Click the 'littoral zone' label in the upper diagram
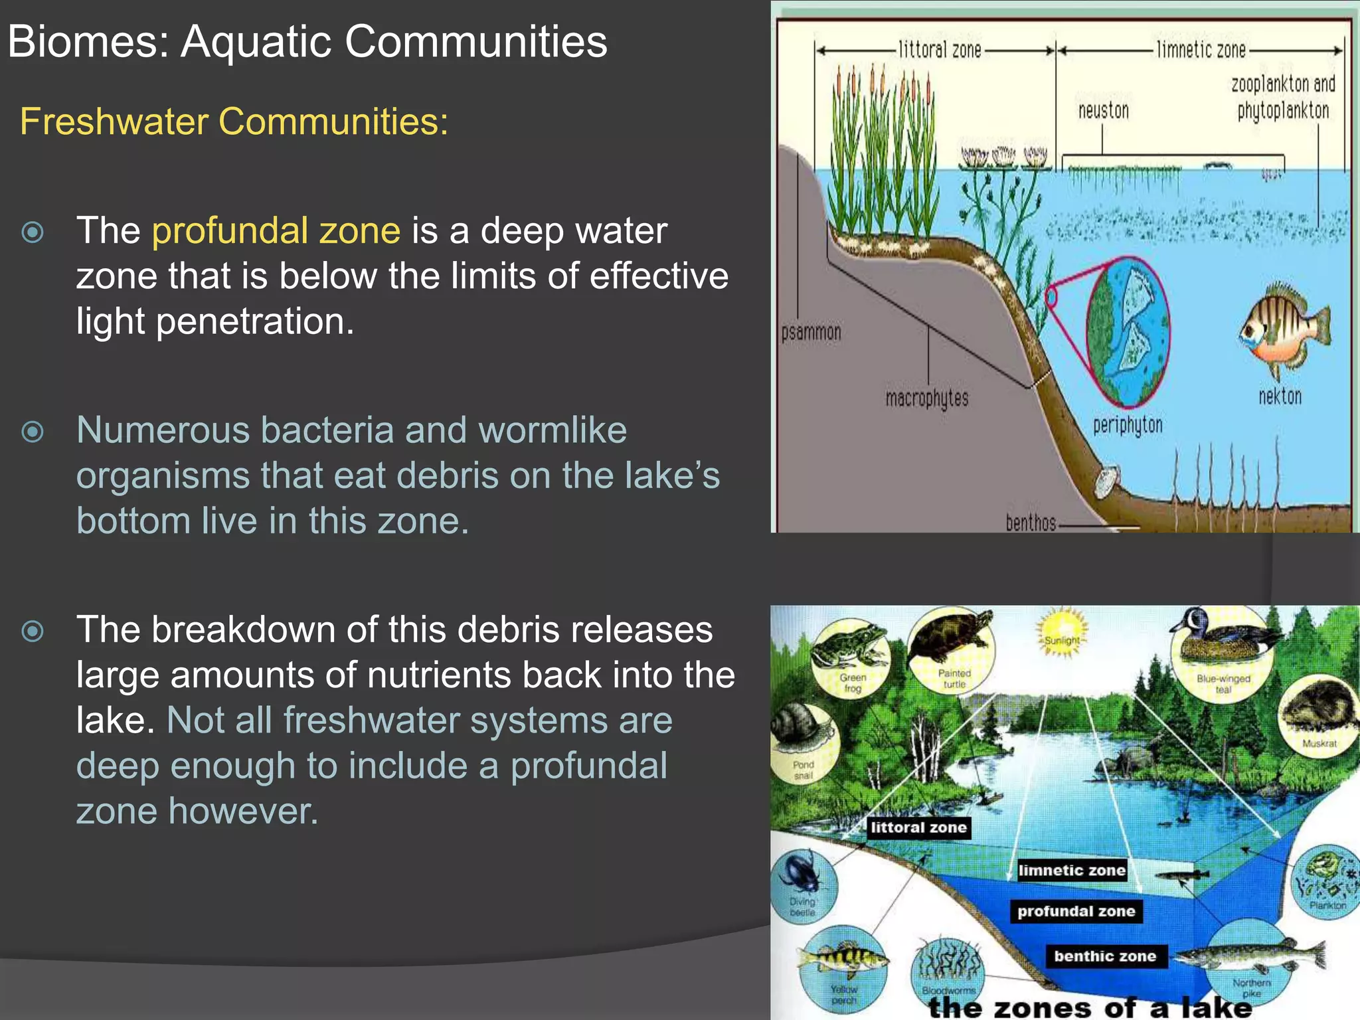[x=939, y=50]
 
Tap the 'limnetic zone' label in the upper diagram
[x=1201, y=50]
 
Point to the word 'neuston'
[x=1103, y=110]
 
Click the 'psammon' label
[x=811, y=332]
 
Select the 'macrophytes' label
[x=927, y=398]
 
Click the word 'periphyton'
[x=1128, y=424]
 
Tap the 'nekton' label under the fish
[x=1280, y=396]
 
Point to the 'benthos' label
[x=1031, y=523]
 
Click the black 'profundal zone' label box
[x=1076, y=911]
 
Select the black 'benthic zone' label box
[x=1105, y=956]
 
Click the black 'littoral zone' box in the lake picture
[x=918, y=827]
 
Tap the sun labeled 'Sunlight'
[x=1062, y=631]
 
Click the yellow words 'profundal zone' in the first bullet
[x=276, y=230]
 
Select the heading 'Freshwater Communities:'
[x=234, y=122]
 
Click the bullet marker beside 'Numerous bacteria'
[x=33, y=432]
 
